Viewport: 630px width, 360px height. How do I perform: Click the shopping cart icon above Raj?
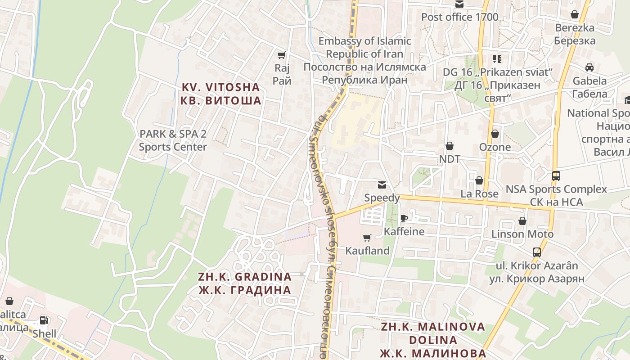pos(282,55)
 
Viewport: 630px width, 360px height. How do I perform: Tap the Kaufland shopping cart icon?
pos(367,238)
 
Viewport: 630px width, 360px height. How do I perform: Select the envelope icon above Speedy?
pos(382,184)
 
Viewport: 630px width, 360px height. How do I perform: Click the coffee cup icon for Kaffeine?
pos(404,218)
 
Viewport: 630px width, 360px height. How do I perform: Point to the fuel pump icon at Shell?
pos(44,320)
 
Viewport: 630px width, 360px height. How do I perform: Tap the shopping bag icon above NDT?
pos(449,146)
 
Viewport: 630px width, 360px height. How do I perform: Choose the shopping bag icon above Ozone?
pos(495,134)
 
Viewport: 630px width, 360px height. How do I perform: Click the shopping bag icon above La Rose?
pos(479,180)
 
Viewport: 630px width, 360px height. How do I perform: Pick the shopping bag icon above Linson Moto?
pos(522,221)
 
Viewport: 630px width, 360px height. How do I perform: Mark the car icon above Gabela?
pos(589,67)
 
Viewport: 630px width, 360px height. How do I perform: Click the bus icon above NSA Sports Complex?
pos(556,175)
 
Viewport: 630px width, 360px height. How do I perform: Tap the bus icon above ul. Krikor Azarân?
pos(536,252)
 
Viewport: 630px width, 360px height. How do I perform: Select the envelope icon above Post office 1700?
pos(459,4)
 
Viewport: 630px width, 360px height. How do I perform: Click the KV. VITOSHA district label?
pos(220,94)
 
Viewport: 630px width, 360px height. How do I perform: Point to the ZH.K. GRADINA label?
pos(245,283)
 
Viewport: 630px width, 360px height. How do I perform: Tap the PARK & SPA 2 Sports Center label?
pos(173,140)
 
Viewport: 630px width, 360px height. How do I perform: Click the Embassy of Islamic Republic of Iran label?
pos(364,60)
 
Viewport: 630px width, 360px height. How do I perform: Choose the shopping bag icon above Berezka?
pos(574,14)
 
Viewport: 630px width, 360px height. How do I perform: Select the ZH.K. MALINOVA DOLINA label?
pos(433,339)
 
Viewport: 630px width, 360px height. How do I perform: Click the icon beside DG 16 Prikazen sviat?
pos(497,58)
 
